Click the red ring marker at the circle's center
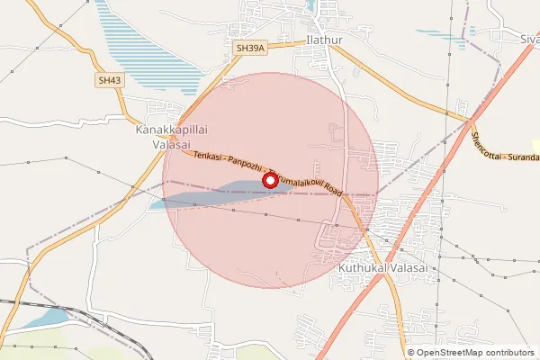(x=269, y=181)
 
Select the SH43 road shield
(x=110, y=81)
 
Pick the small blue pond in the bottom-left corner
(x=45, y=318)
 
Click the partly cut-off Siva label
(x=529, y=40)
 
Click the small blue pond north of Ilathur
(x=320, y=6)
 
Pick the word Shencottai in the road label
(x=486, y=139)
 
